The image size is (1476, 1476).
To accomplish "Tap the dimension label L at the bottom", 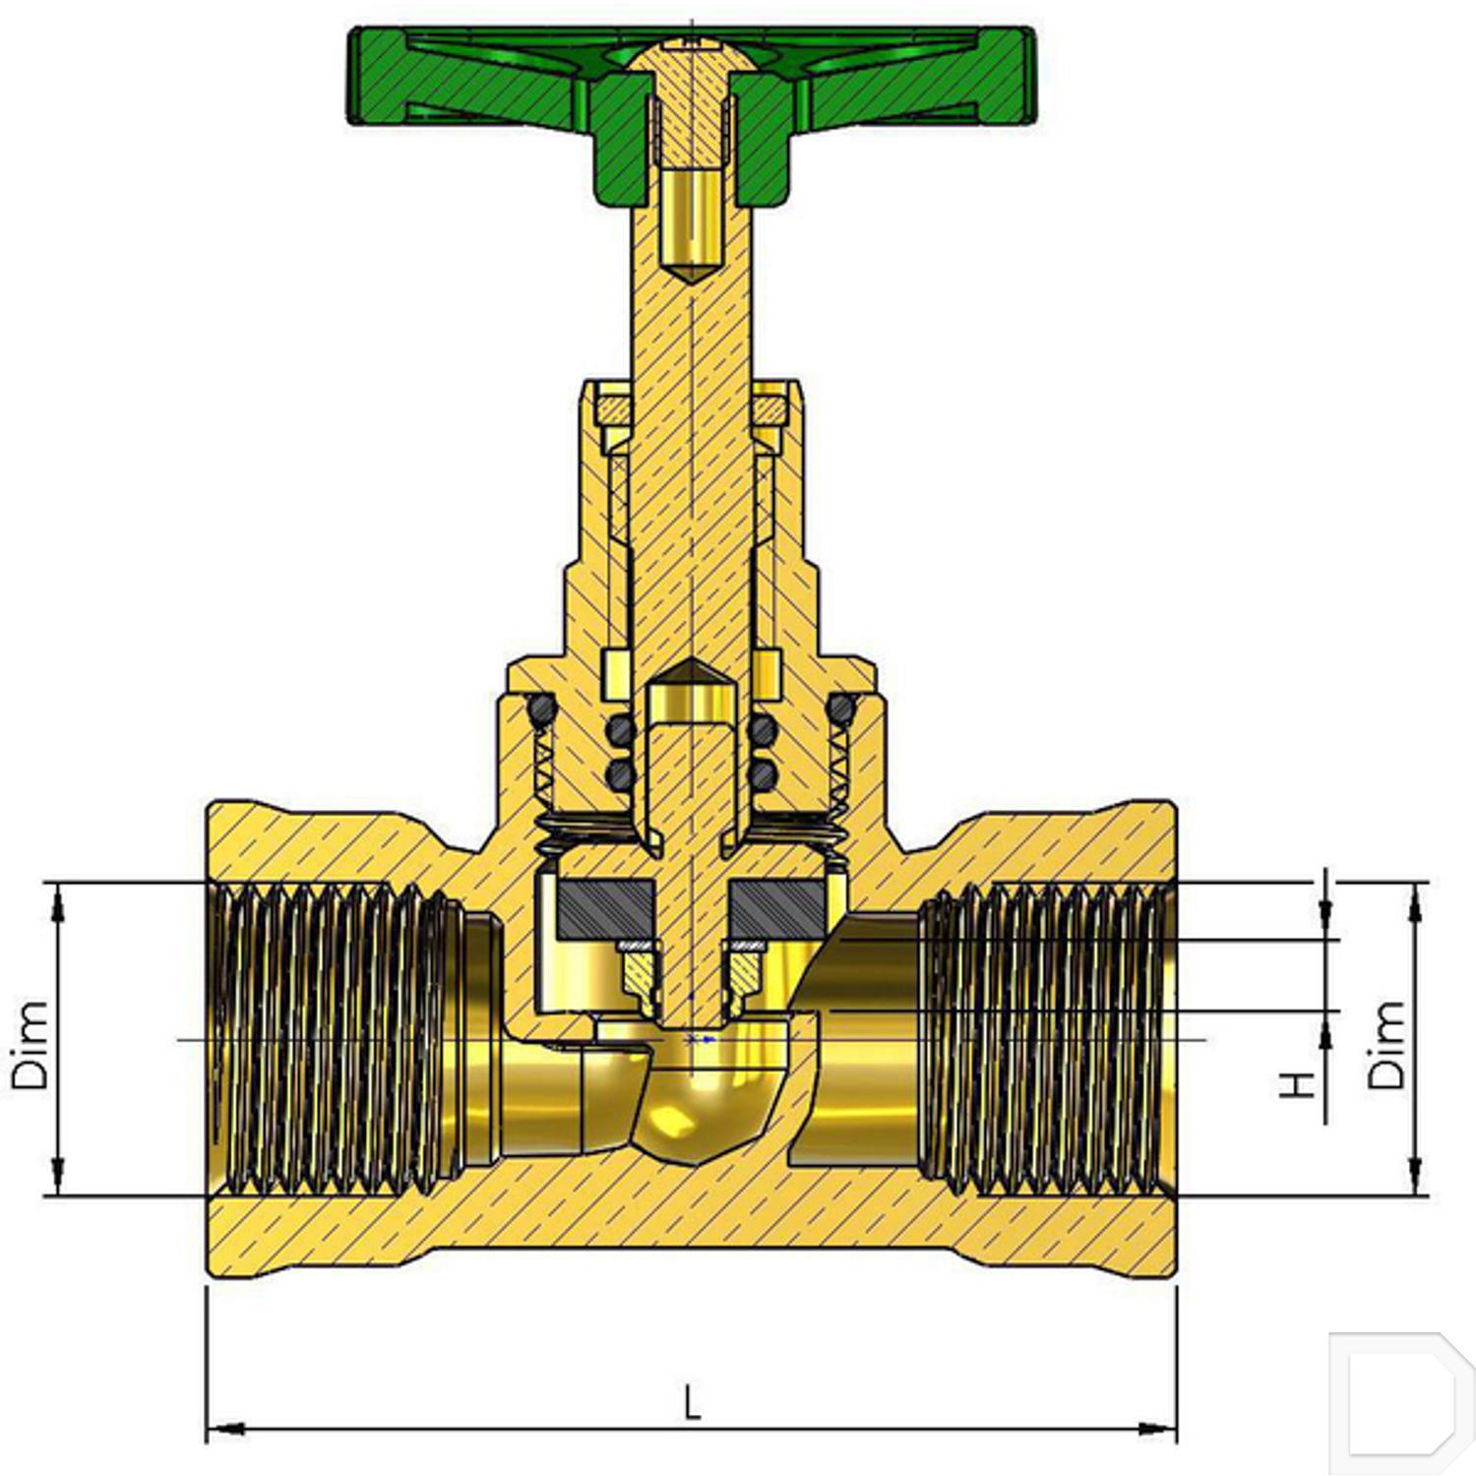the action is pyautogui.click(x=693, y=1401).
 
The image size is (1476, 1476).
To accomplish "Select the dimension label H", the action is pyautogui.click(x=1298, y=1084).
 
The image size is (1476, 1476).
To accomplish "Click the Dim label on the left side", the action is pyautogui.click(x=30, y=1045).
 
